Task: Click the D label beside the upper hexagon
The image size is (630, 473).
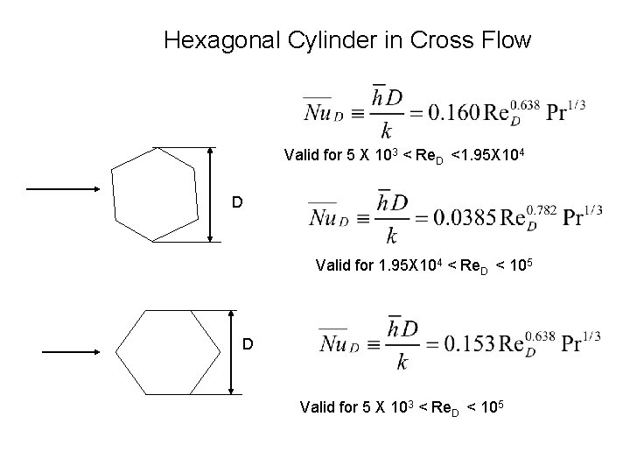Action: tap(236, 203)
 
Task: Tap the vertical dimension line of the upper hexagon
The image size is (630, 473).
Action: tap(210, 194)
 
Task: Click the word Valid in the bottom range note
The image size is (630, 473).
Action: tap(317, 407)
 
